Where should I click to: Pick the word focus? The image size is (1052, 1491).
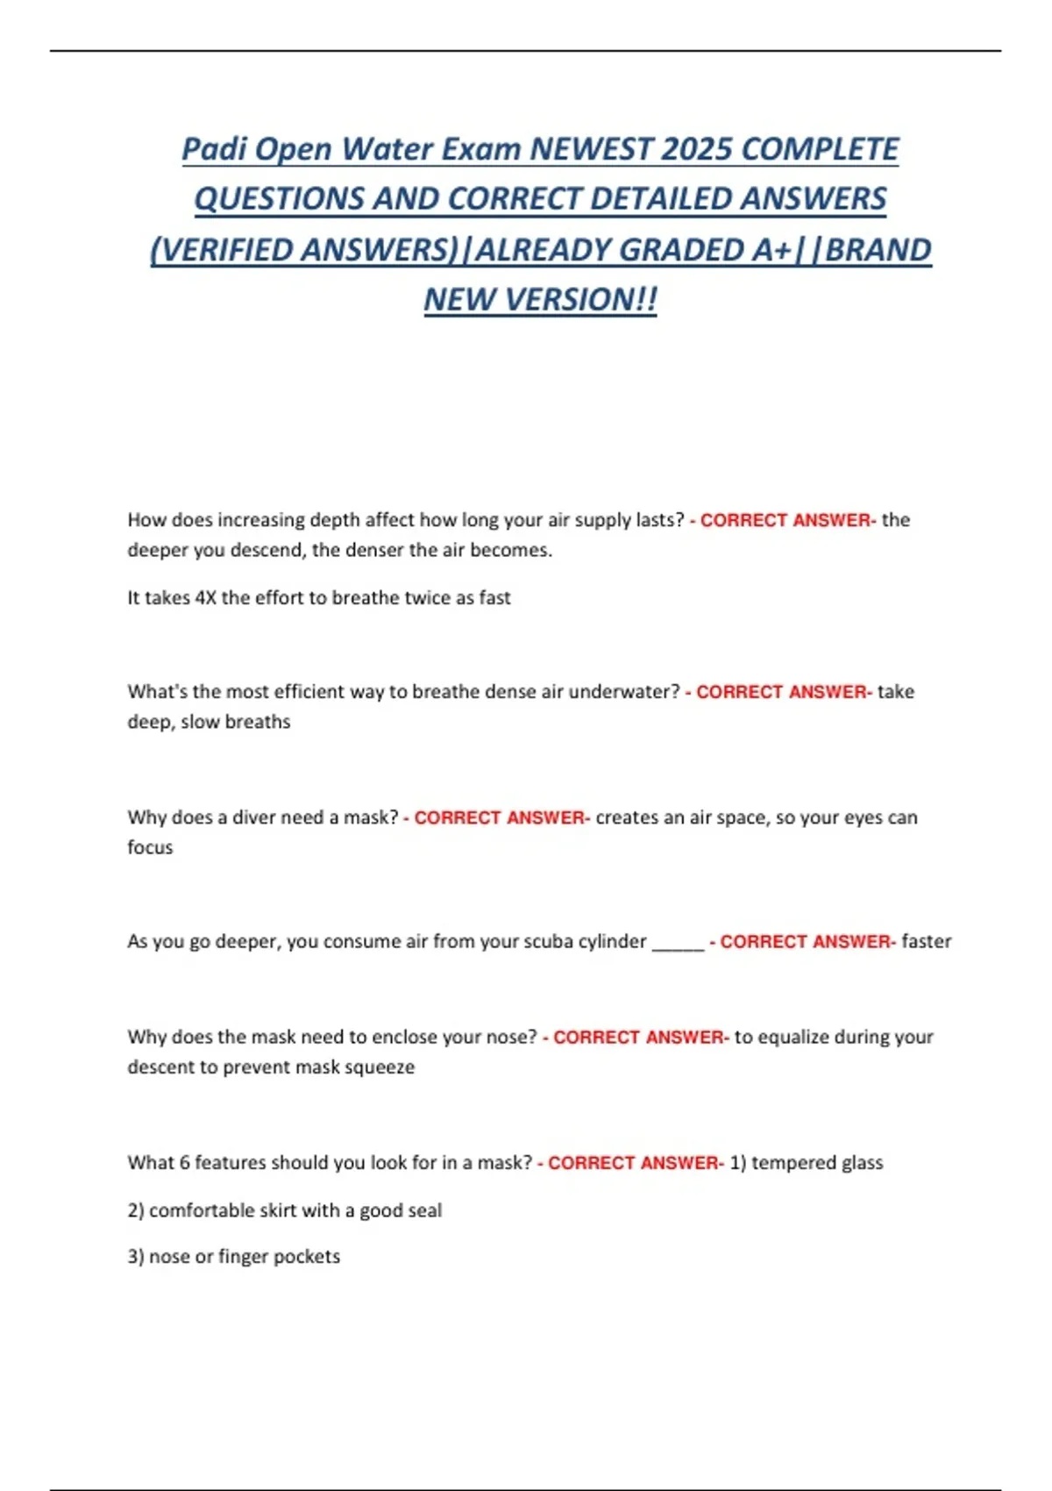pos(150,847)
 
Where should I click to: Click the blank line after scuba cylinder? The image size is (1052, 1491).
pos(678,943)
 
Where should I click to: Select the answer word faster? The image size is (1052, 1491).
pos(926,941)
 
